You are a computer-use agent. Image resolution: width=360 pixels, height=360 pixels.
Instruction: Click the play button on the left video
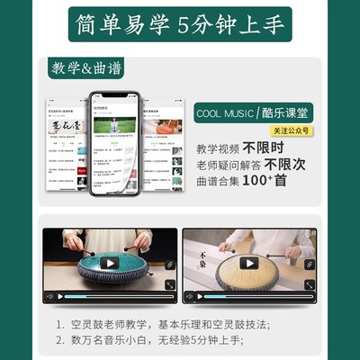(110, 264)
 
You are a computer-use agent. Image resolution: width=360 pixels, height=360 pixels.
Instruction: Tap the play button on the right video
(249, 264)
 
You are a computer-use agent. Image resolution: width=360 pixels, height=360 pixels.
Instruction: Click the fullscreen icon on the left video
(168, 286)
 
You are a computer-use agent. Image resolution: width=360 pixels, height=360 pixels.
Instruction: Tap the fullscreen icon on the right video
(309, 286)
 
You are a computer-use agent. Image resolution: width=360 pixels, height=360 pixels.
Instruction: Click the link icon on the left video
(169, 264)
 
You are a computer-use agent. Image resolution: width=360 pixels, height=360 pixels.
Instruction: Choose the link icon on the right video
(309, 264)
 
